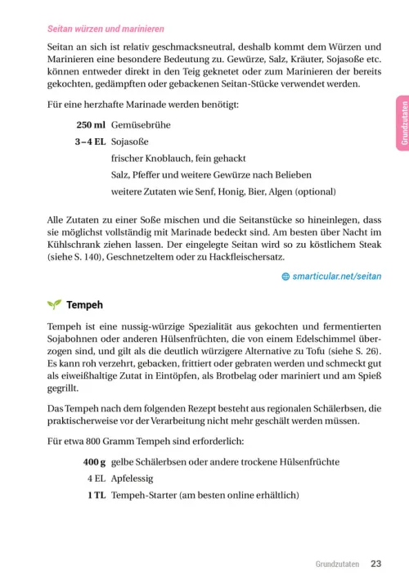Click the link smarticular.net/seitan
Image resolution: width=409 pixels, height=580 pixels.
click(336, 276)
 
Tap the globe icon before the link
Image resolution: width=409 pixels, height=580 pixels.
click(285, 277)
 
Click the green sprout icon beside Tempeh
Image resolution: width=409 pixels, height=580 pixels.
click(54, 305)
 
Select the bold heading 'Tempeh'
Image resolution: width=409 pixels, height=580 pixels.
click(84, 305)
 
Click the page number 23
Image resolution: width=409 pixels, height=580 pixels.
click(376, 564)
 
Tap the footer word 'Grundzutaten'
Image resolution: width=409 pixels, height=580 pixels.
click(337, 564)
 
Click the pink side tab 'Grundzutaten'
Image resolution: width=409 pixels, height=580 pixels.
click(402, 123)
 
